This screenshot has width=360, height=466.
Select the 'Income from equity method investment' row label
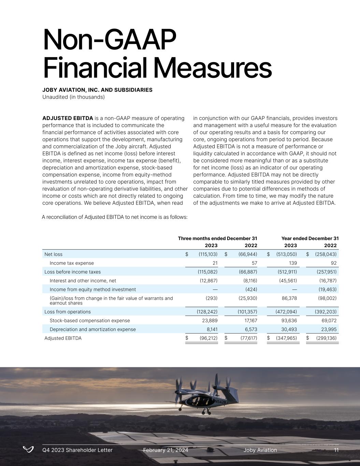point(92,290)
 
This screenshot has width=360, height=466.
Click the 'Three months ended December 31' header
point(217,238)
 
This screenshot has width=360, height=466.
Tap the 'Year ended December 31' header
point(310,238)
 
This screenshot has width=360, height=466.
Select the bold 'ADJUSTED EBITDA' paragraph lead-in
point(68,118)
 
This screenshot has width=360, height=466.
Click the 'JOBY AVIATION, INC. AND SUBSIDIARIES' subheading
point(97,90)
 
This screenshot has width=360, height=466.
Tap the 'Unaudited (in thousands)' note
point(73,97)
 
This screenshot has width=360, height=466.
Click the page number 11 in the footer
point(336,450)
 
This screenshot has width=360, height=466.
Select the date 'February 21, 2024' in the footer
point(165,450)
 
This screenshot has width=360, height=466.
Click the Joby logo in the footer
point(28,449)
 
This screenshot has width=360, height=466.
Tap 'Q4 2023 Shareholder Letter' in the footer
point(77,450)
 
